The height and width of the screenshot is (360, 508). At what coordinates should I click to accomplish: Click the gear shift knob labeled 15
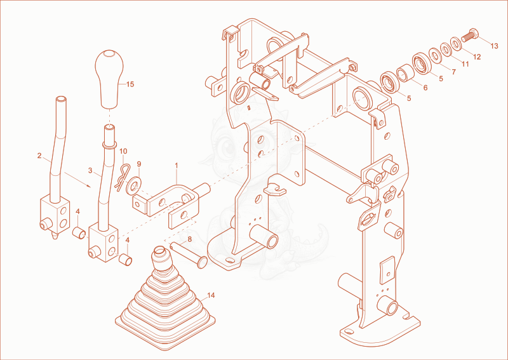[x=109, y=79]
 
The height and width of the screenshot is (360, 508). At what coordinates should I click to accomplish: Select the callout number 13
[x=494, y=46]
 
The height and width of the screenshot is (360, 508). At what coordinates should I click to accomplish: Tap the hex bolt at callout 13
[x=470, y=36]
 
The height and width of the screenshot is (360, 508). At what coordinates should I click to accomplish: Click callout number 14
[x=211, y=295]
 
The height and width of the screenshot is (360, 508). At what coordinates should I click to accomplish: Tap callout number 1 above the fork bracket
[x=177, y=166]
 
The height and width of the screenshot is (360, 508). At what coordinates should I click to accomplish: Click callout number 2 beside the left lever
[x=39, y=156]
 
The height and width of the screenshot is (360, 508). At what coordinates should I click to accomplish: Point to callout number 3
[x=90, y=170]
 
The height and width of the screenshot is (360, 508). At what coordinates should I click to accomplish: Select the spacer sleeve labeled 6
[x=404, y=73]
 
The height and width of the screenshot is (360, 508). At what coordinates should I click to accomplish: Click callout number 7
[x=453, y=72]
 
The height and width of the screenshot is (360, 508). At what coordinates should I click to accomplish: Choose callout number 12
[x=477, y=57]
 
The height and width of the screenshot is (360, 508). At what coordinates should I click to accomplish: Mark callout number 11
[x=465, y=64]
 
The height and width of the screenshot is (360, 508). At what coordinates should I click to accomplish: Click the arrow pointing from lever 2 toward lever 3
[x=77, y=180]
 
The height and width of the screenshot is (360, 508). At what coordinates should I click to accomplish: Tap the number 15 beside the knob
[x=130, y=84]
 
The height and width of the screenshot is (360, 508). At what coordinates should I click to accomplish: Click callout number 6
[x=425, y=88]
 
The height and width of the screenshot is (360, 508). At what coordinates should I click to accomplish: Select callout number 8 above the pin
[x=189, y=239]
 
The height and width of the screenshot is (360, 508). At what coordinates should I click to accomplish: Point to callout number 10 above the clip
[x=123, y=151]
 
